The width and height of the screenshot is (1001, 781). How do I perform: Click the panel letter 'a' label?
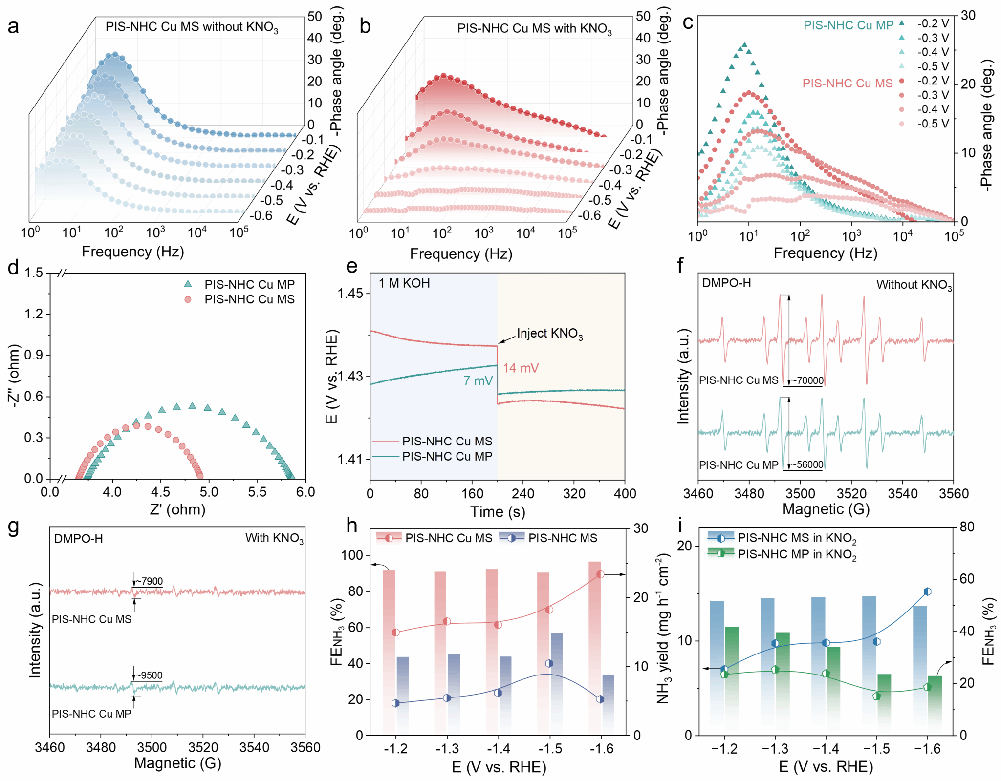(13, 26)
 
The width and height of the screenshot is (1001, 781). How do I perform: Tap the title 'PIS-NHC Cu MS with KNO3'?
(534, 29)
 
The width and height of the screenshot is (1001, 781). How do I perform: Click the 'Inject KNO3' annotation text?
(549, 334)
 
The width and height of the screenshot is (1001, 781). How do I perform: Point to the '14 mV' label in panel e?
(521, 368)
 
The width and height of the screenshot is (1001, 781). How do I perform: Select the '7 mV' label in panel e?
(478, 381)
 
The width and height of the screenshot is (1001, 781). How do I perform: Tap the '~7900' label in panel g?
(149, 581)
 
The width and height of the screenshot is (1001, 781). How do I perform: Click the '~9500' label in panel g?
(149, 675)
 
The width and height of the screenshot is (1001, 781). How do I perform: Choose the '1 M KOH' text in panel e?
(404, 283)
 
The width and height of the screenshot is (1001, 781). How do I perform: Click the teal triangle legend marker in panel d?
(188, 284)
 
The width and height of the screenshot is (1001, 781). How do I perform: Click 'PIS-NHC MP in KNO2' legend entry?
(797, 554)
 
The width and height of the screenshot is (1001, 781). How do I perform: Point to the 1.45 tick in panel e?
(350, 294)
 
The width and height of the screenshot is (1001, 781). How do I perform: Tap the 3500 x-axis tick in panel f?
(800, 494)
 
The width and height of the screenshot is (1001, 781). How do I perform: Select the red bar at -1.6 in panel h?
(594, 645)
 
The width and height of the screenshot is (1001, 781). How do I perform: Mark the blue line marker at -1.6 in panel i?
(927, 591)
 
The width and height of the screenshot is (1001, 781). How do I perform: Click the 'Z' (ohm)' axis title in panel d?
(177, 509)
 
